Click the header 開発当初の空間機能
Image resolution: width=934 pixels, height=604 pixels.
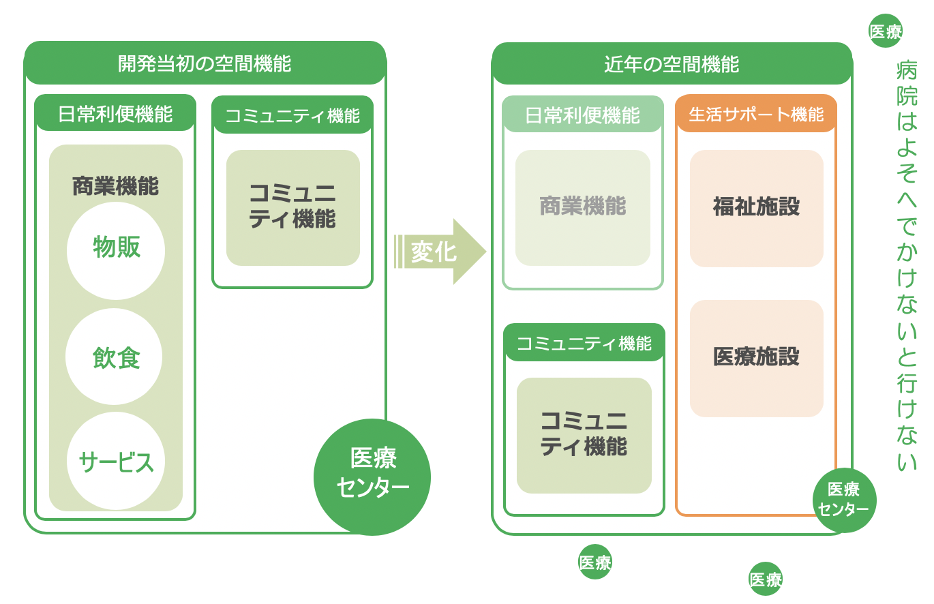205,64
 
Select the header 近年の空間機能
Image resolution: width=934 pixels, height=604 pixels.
672,64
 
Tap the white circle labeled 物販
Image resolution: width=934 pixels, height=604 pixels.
116,250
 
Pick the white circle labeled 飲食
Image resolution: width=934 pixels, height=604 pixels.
114,357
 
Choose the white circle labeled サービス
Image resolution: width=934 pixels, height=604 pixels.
116,462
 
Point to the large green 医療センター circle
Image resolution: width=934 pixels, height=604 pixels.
372,477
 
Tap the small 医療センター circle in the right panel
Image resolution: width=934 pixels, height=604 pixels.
844,500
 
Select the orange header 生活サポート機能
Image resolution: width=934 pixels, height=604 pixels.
756,114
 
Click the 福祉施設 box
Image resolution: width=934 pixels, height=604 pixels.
756,208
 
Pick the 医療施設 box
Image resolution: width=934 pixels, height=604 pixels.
756,358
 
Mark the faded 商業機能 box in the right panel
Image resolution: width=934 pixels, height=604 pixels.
583,207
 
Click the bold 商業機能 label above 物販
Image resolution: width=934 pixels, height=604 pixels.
115,185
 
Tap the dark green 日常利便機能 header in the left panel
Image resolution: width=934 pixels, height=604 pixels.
115,113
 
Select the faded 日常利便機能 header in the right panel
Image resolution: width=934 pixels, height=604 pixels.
583,115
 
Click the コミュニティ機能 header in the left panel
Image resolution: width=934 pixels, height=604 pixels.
292,115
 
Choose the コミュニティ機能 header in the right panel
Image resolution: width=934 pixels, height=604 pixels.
584,343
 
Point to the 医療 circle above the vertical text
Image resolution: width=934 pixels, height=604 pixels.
886,31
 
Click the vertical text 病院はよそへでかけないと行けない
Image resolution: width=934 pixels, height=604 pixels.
907,266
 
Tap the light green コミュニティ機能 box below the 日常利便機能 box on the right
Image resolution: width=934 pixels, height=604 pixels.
584,435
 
